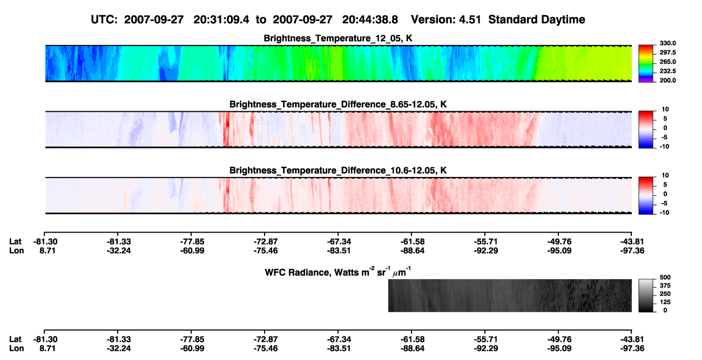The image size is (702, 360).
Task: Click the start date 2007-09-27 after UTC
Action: click(153, 20)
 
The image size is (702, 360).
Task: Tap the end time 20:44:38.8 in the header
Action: click(370, 20)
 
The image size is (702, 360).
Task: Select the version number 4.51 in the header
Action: click(470, 20)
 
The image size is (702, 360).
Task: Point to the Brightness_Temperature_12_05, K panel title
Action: click(338, 38)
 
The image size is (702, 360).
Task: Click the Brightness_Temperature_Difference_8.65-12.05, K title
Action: click(338, 104)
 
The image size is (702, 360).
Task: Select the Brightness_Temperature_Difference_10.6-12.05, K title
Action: click(338, 171)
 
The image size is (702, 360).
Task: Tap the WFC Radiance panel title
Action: click(338, 272)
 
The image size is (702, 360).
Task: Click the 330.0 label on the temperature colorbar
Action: click(667, 43)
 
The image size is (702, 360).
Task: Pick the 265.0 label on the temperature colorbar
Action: click(667, 62)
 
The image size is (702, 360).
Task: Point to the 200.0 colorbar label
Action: click(667, 80)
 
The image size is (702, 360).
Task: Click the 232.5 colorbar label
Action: click(667, 71)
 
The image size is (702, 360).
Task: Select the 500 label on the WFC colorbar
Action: click(665, 277)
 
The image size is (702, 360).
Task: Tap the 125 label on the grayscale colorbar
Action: click(665, 302)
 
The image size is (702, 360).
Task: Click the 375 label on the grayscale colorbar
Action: click(665, 286)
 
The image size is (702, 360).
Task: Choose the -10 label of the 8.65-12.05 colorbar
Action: click(664, 146)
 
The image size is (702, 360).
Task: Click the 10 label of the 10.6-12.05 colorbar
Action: click(665, 175)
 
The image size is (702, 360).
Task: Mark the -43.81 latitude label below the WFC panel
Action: click(632, 339)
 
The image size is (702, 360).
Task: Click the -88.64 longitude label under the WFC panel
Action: click(413, 349)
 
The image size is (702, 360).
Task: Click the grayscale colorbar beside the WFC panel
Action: click(646, 295)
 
